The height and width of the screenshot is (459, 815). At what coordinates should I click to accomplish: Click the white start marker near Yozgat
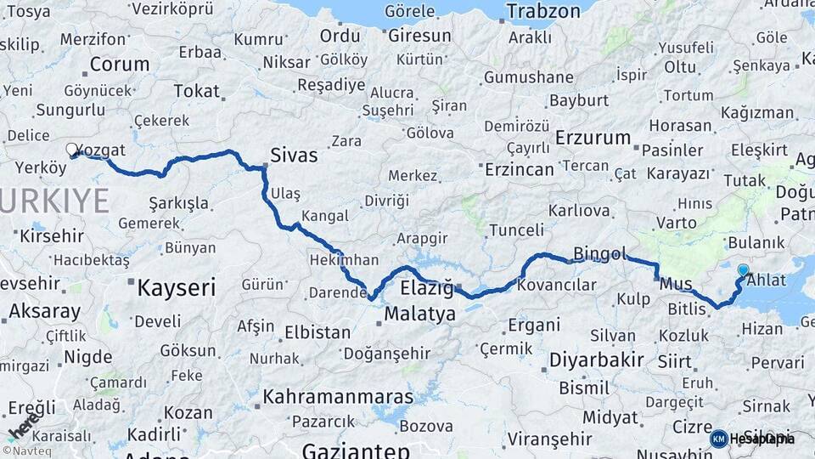(72, 150)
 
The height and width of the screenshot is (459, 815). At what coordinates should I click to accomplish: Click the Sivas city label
(294, 155)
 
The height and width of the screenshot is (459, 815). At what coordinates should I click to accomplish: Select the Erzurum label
(593, 138)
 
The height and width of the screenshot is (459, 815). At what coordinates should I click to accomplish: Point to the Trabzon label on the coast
(543, 11)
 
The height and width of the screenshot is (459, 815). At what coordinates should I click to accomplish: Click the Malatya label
(419, 314)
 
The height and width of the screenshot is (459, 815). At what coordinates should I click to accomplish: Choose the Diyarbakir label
(596, 359)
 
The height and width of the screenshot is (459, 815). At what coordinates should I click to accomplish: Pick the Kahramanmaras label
(338, 396)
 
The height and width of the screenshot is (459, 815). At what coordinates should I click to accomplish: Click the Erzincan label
(519, 168)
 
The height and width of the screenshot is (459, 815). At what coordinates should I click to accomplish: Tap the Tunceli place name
(516, 229)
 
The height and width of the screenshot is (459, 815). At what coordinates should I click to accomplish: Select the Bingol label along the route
(599, 253)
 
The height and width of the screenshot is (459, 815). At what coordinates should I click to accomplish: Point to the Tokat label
(195, 91)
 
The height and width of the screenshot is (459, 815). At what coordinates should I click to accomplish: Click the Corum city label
(119, 64)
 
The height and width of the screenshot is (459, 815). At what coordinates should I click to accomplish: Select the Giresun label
(419, 36)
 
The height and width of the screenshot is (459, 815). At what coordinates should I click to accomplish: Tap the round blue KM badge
(719, 439)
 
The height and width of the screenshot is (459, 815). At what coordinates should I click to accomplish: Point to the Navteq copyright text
(25, 451)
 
